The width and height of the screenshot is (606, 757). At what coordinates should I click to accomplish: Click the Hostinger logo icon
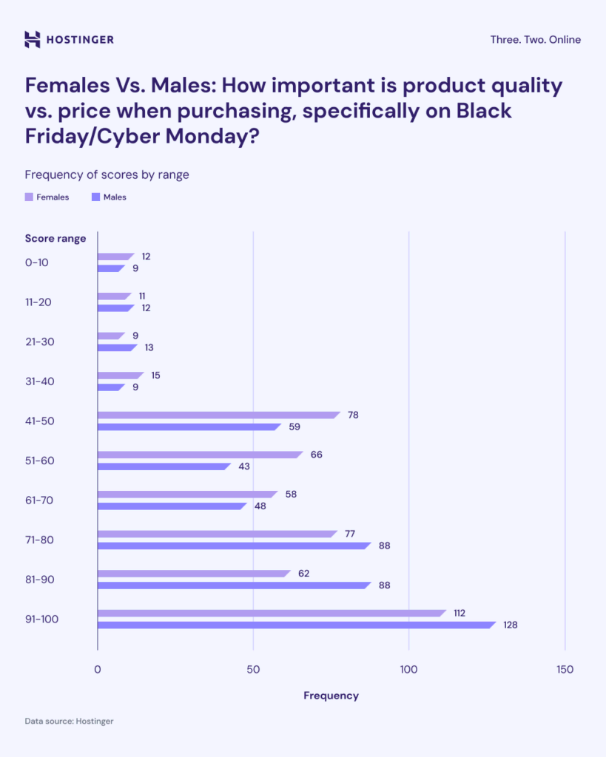pyautogui.click(x=33, y=39)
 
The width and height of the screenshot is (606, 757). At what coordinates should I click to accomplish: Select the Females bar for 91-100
pyautogui.click(x=271, y=613)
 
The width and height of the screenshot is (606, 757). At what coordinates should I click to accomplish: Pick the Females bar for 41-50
pyautogui.click(x=218, y=415)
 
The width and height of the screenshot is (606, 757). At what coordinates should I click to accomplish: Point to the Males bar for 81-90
pyautogui.click(x=232, y=585)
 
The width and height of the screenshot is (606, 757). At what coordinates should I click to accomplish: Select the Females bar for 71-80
pyautogui.click(x=216, y=534)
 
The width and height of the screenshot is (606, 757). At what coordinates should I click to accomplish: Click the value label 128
pyautogui.click(x=510, y=625)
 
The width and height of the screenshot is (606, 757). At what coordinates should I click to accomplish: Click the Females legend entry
pyautogui.click(x=47, y=197)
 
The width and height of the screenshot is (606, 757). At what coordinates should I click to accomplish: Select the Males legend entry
pyautogui.click(x=109, y=197)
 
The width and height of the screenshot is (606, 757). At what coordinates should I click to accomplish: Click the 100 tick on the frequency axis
pyautogui.click(x=409, y=670)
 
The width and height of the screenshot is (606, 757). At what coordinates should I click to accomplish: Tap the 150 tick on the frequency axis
pyautogui.click(x=565, y=670)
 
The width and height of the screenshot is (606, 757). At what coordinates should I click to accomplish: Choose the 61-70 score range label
pyautogui.click(x=40, y=500)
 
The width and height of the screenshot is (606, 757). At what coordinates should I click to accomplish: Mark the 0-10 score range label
pyautogui.click(x=38, y=262)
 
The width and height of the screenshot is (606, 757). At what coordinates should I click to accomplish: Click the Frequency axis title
pyautogui.click(x=331, y=696)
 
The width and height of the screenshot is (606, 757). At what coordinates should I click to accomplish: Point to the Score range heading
pyautogui.click(x=55, y=238)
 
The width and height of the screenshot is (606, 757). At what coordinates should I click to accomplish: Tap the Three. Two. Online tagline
pyautogui.click(x=535, y=39)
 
